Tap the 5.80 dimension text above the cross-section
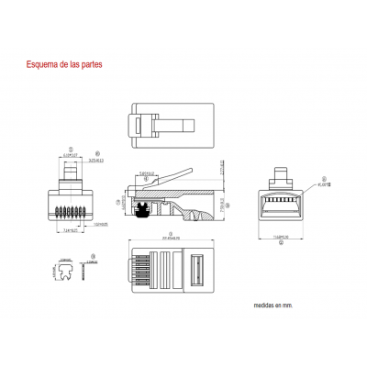tap(147, 172)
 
